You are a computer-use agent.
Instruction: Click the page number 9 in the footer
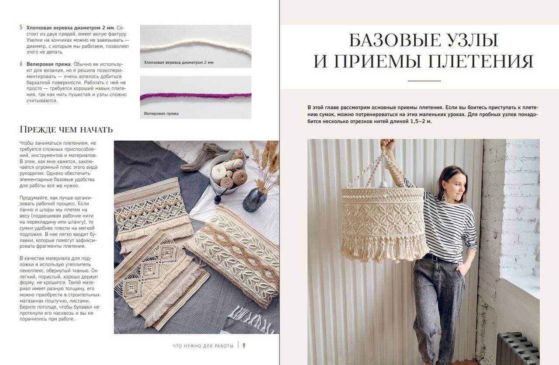(244, 345)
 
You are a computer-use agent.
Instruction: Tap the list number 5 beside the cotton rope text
(21, 28)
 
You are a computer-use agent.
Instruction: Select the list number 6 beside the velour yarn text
(21, 64)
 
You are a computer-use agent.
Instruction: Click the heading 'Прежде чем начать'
(66, 130)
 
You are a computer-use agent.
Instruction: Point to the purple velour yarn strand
(196, 95)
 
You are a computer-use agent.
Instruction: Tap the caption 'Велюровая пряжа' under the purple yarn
(161, 113)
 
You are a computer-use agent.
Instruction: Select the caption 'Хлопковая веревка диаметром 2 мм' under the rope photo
(179, 63)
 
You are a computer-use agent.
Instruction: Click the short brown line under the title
(424, 81)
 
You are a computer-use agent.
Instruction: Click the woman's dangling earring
(445, 196)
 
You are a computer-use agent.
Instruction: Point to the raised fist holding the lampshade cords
(387, 144)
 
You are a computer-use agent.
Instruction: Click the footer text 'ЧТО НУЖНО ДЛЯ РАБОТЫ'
(203, 346)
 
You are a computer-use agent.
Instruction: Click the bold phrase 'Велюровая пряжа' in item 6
(48, 64)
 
